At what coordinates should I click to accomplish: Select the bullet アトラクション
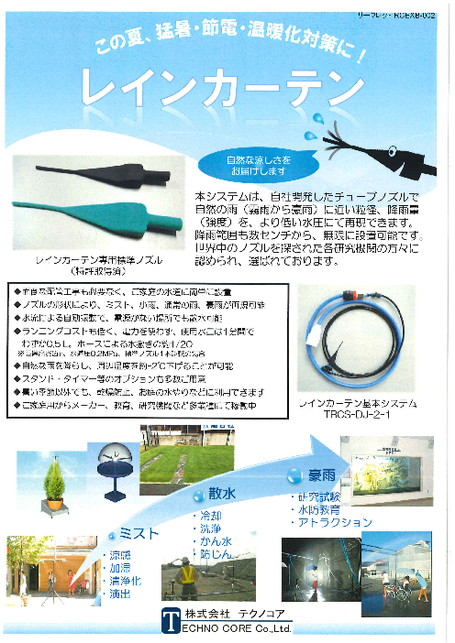[x=335, y=522]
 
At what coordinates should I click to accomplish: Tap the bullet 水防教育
[x=317, y=509]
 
